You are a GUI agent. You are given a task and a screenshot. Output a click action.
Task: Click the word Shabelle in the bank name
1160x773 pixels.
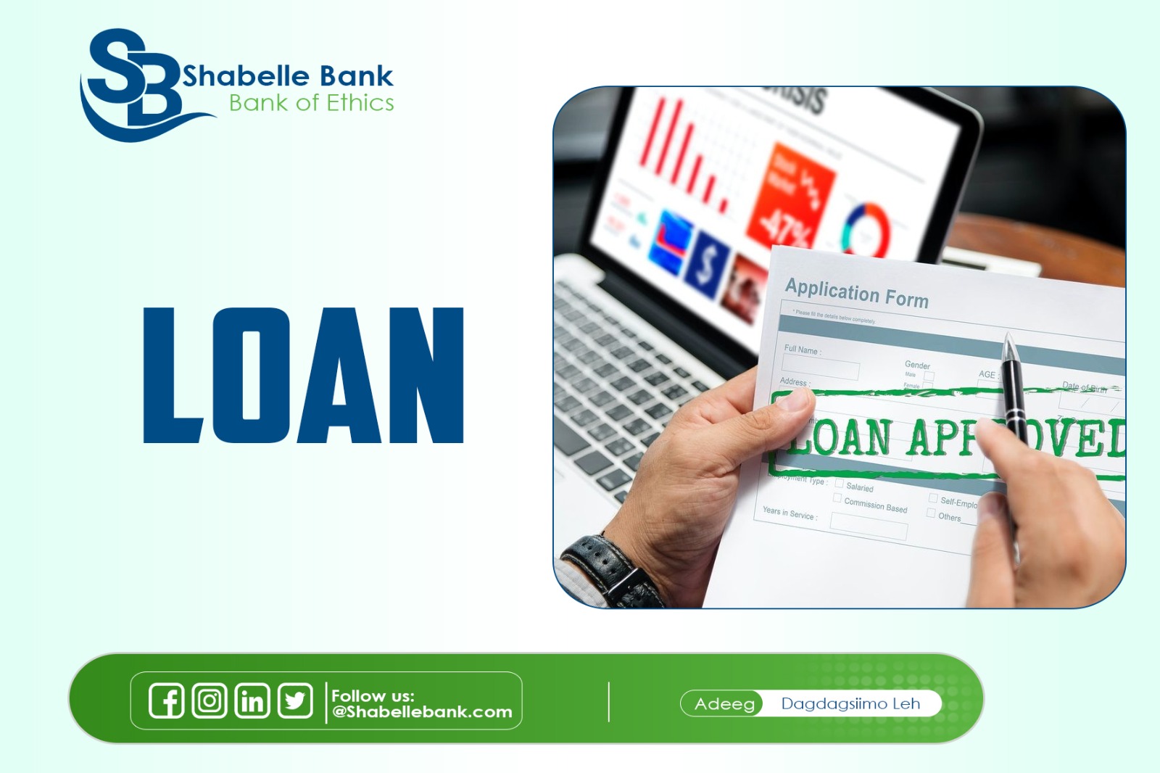246,76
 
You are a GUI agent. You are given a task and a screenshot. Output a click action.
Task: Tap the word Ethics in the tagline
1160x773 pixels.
360,103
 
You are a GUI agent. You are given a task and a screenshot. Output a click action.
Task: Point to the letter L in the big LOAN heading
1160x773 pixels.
170,375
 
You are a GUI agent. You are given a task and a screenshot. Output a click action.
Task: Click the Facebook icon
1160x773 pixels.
167,700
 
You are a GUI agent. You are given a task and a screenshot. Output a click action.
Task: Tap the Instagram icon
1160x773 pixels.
210,700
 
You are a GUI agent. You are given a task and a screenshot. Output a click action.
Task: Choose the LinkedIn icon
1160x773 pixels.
252,700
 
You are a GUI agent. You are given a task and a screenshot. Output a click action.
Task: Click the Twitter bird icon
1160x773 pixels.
295,700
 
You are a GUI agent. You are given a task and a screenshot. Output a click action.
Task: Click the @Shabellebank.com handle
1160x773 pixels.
422,712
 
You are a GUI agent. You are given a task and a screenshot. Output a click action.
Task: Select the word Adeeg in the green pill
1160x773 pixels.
724,703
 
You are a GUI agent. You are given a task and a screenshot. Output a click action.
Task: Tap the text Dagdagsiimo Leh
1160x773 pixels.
850,703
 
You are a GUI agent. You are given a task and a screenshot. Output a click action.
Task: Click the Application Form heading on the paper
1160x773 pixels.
856,293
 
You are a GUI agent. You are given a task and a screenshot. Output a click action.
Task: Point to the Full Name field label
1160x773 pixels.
802,350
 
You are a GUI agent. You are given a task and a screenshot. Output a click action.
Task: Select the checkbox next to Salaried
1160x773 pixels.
839,484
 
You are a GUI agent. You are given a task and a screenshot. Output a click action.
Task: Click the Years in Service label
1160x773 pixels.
790,513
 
